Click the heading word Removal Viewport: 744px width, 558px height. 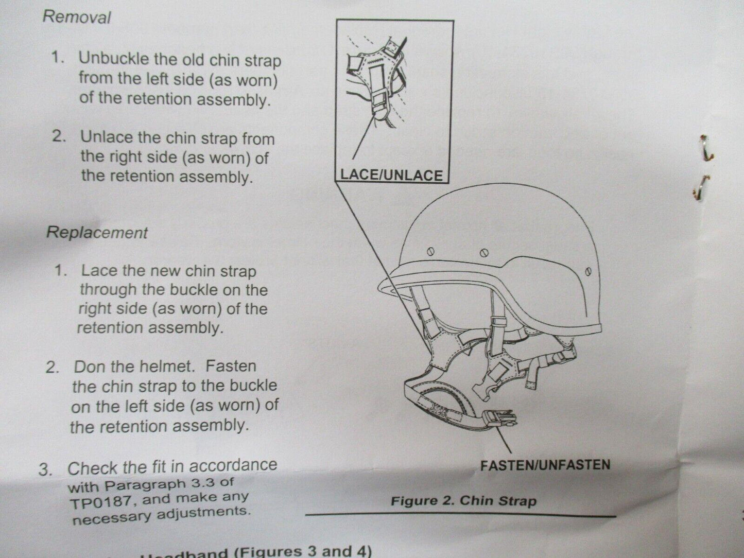pos(77,16)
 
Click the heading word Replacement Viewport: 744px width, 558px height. pos(97,232)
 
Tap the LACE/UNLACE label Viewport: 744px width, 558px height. pos(391,175)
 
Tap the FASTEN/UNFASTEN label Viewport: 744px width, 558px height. pos(545,465)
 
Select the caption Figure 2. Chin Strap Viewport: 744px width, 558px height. pos(463,500)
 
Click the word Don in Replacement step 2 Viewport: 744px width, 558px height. pos(90,367)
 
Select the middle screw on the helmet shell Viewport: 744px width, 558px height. pos(482,253)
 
